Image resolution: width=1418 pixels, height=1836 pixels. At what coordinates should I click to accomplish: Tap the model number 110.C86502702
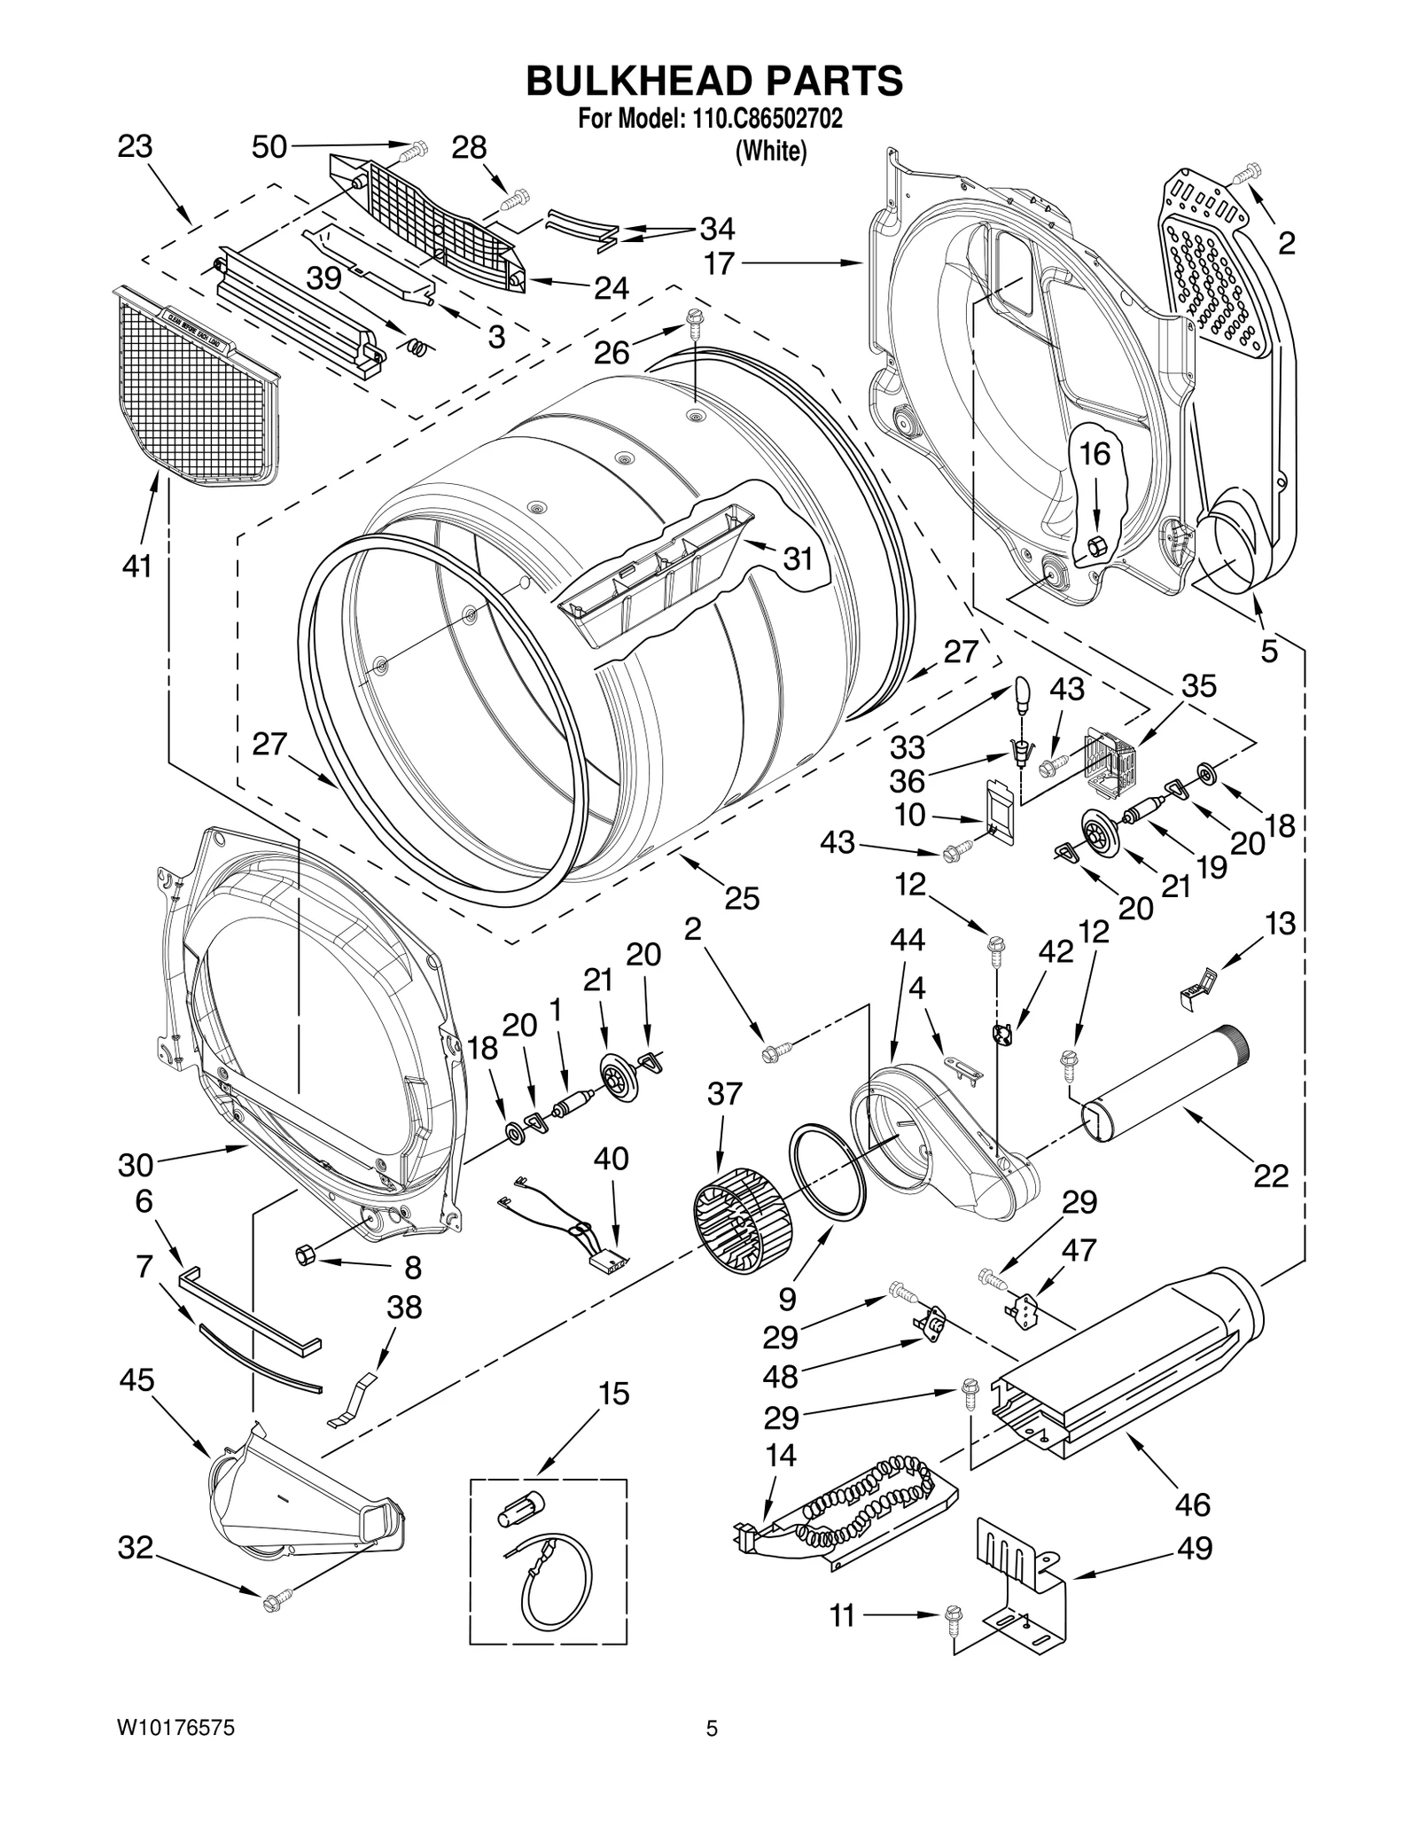tap(760, 119)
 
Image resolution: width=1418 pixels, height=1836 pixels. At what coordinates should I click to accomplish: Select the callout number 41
tap(136, 565)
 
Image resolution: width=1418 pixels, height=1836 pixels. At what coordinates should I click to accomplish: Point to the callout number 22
tap(1270, 1176)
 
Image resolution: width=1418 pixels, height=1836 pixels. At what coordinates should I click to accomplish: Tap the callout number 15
tap(613, 1394)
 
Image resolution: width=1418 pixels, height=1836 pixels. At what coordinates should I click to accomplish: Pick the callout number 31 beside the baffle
tap(798, 559)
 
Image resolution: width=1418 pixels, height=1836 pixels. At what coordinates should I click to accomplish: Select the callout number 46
tap(1192, 1504)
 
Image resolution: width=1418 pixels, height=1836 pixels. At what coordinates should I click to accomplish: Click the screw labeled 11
tap(954, 1617)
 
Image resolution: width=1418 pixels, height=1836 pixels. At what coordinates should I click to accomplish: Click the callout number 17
tap(719, 263)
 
